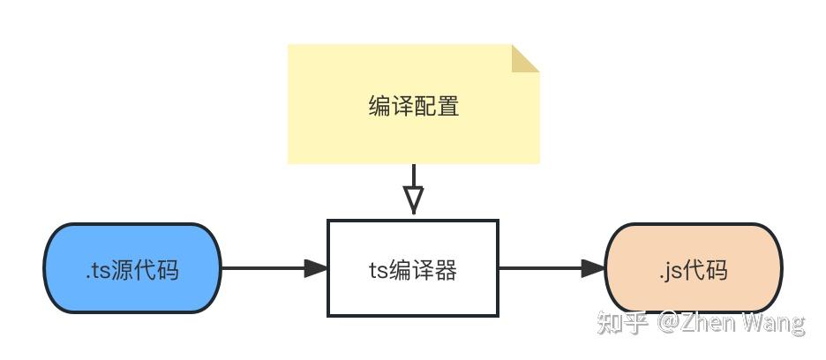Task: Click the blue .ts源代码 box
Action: [x=132, y=268]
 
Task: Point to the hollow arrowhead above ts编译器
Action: [x=413, y=199]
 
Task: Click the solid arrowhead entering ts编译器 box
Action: [x=316, y=268]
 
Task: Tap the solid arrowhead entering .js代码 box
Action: [x=594, y=268]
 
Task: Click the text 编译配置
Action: [x=413, y=107]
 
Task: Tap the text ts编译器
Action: [x=413, y=270]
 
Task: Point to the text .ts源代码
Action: [x=132, y=270]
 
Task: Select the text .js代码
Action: [x=694, y=269]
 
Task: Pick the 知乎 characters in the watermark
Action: [x=622, y=323]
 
